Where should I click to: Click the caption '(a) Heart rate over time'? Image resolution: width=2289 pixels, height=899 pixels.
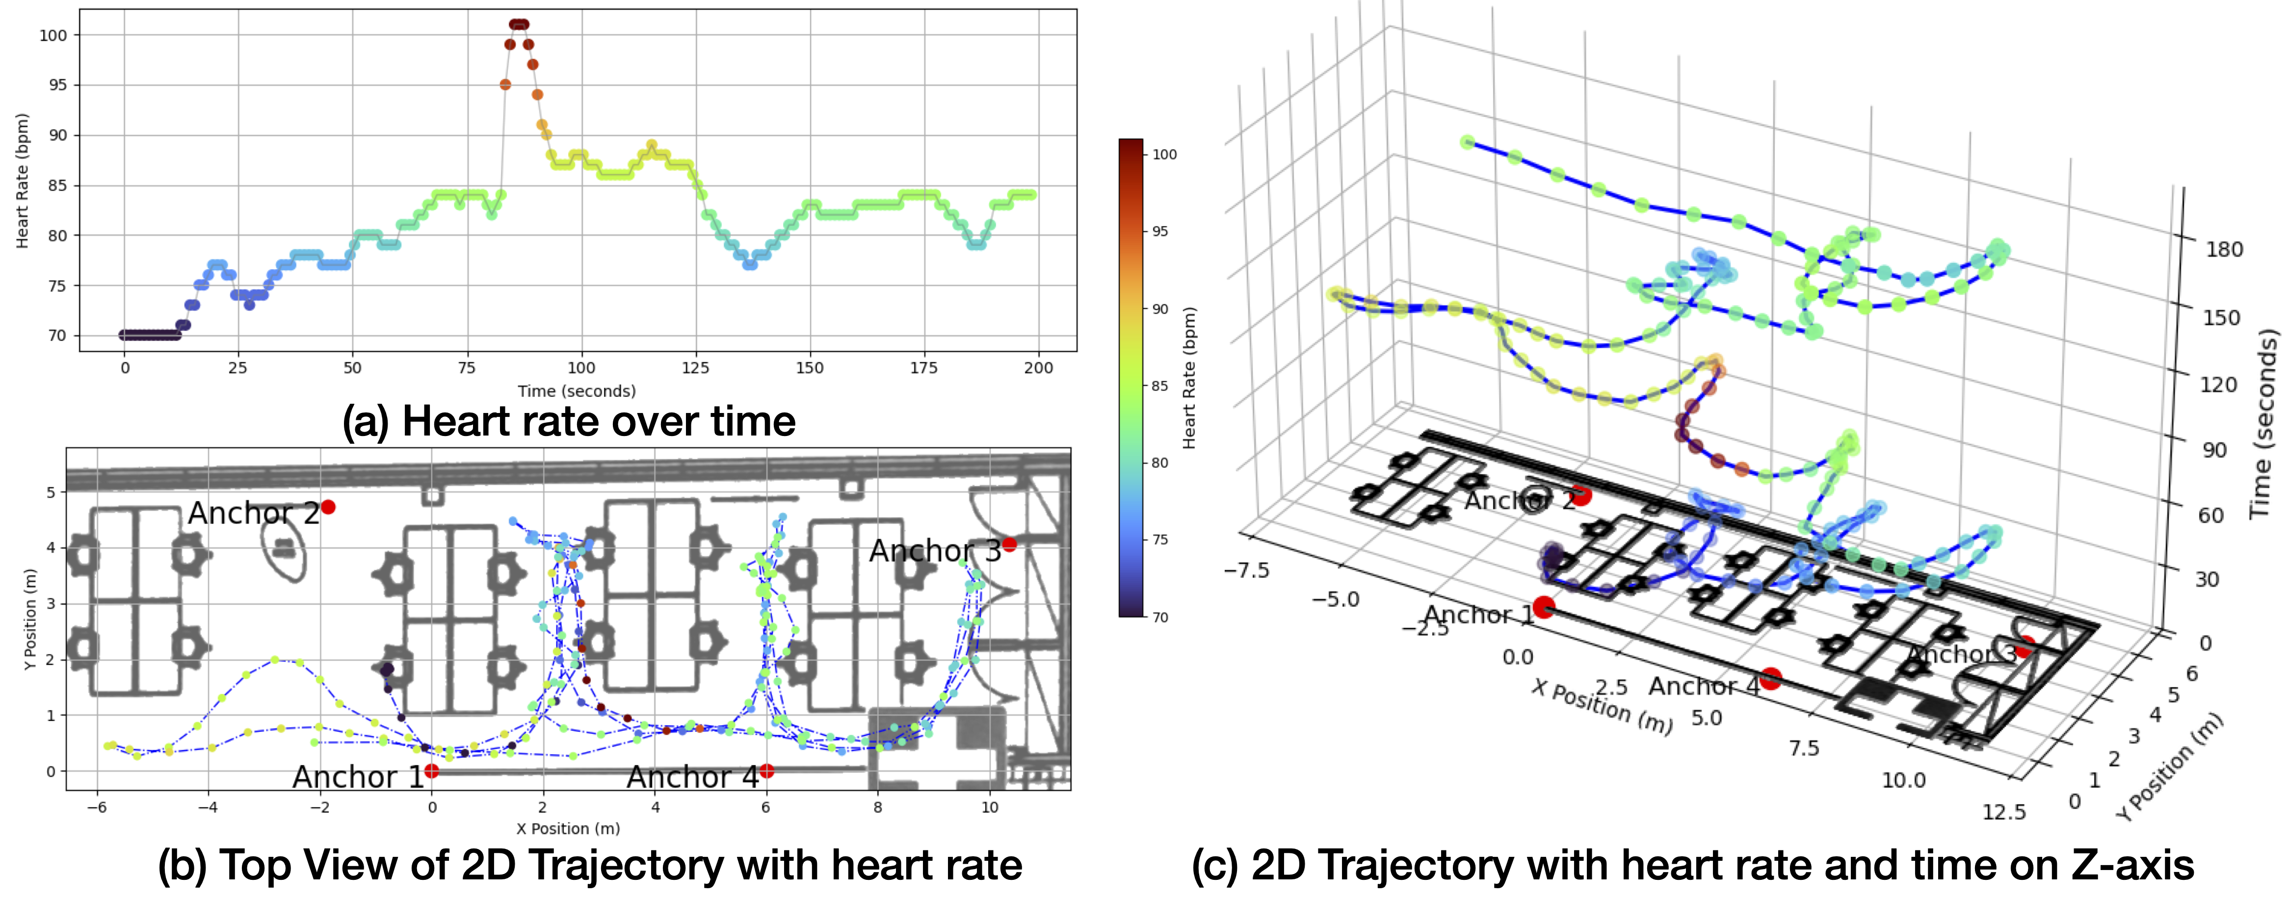569,421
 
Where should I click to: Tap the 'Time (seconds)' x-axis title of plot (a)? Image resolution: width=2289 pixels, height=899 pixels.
577,391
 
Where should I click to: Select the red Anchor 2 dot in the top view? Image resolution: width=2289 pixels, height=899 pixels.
328,507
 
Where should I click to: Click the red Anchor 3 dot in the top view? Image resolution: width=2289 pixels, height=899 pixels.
1008,543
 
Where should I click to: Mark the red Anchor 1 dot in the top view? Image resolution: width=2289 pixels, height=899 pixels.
431,771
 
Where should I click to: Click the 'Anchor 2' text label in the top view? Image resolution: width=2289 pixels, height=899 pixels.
253,514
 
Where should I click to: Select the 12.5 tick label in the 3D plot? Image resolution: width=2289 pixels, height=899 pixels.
2004,811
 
